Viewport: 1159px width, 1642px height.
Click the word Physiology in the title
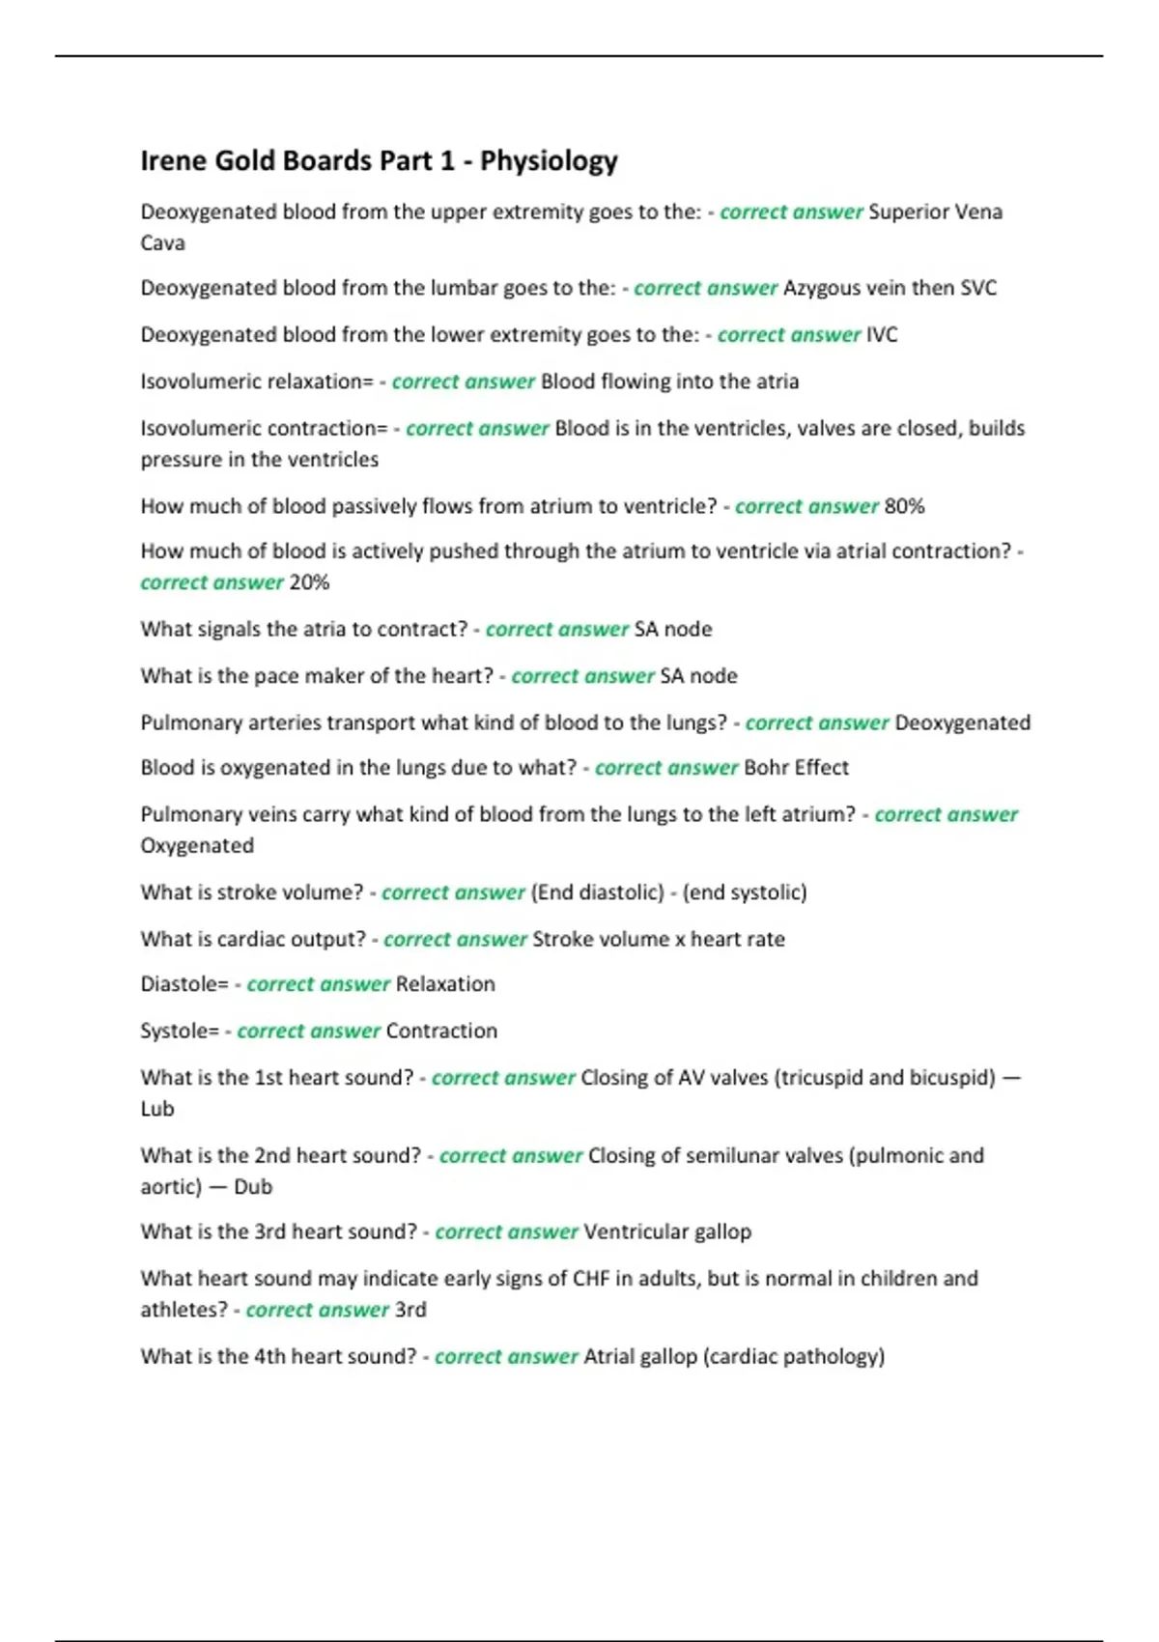tap(549, 161)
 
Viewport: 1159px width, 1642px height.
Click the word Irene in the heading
tap(173, 160)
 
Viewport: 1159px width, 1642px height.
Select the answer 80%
tap(904, 506)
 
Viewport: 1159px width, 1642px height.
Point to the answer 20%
tap(309, 582)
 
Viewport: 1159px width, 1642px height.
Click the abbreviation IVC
tap(882, 335)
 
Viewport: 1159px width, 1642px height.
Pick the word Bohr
tap(766, 768)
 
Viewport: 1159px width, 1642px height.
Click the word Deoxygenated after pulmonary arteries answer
tap(962, 722)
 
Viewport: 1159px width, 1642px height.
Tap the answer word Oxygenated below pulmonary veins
tap(197, 846)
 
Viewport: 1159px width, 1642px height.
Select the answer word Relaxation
tap(445, 984)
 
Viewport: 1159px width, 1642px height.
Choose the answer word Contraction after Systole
tap(441, 1031)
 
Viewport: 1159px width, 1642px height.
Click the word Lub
tap(157, 1109)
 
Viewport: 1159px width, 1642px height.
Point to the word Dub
tap(253, 1187)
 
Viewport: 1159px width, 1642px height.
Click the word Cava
tap(162, 243)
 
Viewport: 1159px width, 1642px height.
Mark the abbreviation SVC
tap(978, 288)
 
